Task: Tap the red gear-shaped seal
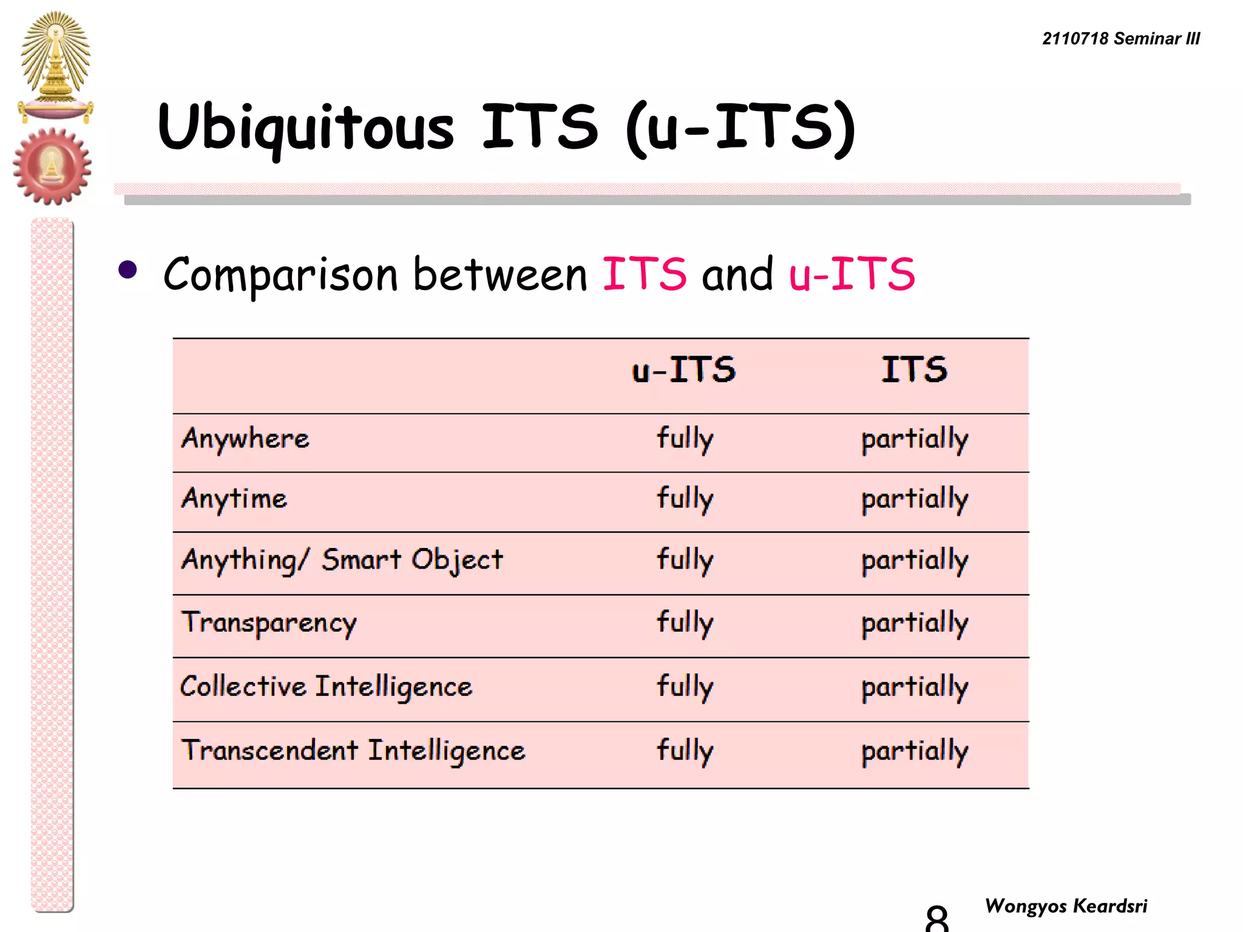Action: click(52, 166)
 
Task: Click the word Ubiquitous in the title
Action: click(305, 127)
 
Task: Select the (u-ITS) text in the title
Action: click(740, 127)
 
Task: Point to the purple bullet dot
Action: click(127, 269)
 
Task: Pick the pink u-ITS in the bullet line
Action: click(852, 274)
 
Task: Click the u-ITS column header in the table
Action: click(683, 370)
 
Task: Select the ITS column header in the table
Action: click(914, 370)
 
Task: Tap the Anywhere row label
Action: click(245, 439)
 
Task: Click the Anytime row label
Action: click(234, 499)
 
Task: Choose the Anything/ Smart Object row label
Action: click(342, 560)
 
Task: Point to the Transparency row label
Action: click(269, 623)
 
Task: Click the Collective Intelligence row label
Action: click(326, 687)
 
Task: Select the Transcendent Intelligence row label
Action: click(353, 751)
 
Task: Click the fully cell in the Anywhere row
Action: click(685, 439)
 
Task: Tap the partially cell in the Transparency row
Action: click(915, 623)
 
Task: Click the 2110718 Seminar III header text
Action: click(1120, 39)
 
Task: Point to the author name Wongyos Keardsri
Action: click(1066, 906)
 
